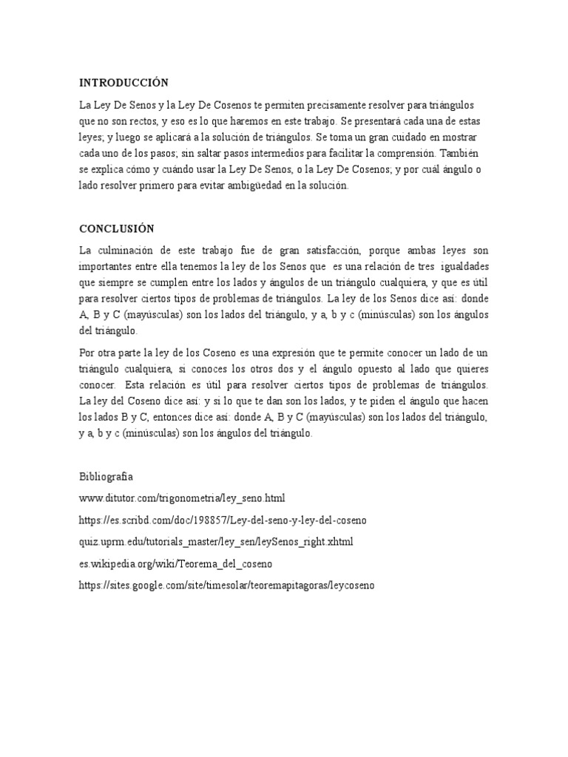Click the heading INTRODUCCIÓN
124,83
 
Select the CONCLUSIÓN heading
117,229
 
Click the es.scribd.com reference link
223,520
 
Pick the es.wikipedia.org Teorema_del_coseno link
175,563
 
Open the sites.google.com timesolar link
227,585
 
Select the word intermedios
297,154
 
